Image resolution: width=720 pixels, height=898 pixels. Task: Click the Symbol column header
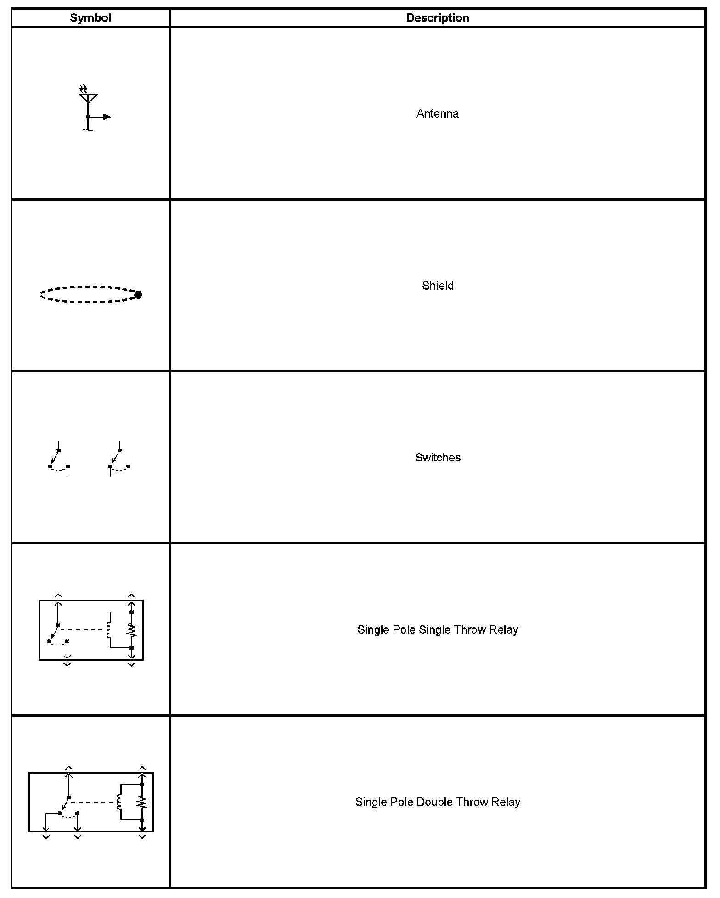tap(90, 18)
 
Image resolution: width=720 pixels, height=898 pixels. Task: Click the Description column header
tap(437, 18)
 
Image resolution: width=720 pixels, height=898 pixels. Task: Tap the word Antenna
tap(437, 114)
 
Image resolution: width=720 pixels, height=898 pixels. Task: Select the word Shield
tap(438, 286)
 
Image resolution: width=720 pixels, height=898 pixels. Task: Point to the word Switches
tap(438, 458)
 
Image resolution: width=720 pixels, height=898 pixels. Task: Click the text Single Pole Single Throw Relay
tap(438, 629)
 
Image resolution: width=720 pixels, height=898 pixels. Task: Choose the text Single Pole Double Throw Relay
tap(438, 802)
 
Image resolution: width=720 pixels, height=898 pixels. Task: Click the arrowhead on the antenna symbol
tap(107, 117)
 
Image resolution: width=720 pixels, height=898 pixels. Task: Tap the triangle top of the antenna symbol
tap(88, 98)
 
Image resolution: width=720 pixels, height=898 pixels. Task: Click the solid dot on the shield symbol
tap(138, 294)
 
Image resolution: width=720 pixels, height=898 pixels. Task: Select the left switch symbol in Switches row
tap(59, 459)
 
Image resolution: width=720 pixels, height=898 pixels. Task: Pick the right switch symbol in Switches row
tap(119, 459)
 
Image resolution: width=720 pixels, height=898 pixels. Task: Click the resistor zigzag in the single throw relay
tap(132, 630)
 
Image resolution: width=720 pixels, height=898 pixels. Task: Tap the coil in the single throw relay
tap(108, 630)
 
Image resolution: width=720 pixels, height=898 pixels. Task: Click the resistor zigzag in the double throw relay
tap(143, 802)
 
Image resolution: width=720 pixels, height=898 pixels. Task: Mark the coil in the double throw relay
tap(119, 802)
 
